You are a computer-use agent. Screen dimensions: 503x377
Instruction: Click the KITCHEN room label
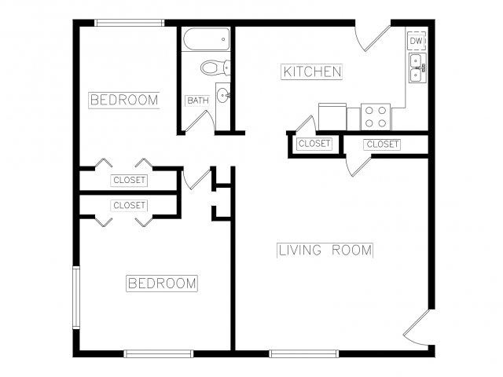(312, 71)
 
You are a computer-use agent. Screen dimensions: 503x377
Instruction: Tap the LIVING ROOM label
(325, 250)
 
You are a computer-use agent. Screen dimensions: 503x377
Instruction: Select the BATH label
(198, 101)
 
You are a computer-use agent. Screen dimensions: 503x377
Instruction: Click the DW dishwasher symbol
(417, 41)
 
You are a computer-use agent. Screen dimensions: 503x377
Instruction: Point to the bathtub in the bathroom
(207, 39)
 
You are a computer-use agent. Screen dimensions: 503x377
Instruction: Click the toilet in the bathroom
(215, 68)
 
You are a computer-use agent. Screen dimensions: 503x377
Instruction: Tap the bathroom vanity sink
(222, 95)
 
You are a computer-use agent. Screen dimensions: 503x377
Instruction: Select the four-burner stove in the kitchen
(376, 117)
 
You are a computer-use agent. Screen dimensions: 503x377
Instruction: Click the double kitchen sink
(417, 68)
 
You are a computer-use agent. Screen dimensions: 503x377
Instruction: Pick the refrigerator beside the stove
(332, 117)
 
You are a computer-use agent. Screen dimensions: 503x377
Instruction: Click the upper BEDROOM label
(124, 100)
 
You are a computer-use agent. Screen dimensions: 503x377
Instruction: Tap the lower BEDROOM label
(162, 284)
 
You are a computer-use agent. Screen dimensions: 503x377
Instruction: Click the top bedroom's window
(129, 23)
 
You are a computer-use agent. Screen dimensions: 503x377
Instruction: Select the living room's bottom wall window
(304, 354)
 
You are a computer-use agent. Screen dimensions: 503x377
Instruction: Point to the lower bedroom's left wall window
(76, 298)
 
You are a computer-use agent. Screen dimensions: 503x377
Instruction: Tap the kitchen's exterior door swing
(373, 38)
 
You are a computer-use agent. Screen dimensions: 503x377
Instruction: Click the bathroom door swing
(200, 121)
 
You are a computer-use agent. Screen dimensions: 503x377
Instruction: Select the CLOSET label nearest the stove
(314, 143)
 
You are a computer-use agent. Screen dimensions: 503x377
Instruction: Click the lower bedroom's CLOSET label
(129, 205)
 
